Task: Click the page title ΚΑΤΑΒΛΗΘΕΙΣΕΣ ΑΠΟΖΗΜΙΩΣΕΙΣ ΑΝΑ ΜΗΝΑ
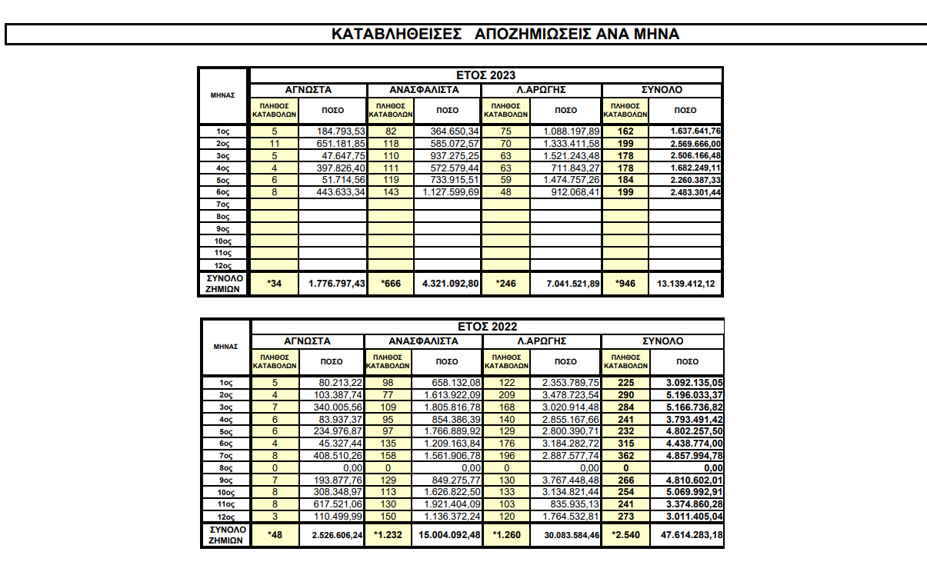pyautogui.click(x=505, y=35)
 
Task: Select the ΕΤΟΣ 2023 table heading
pyautogui.click(x=485, y=75)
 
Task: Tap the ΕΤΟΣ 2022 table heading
pyautogui.click(x=485, y=327)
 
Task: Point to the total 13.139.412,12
pyautogui.click(x=687, y=284)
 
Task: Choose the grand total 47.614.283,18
pyautogui.click(x=687, y=535)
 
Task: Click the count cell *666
pyautogui.click(x=392, y=284)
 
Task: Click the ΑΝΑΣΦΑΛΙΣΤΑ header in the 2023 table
pyautogui.click(x=423, y=90)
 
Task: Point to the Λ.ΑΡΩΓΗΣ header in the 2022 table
pyautogui.click(x=542, y=341)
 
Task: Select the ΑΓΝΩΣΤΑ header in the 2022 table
pyautogui.click(x=308, y=341)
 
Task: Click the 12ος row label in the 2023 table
pyautogui.click(x=223, y=264)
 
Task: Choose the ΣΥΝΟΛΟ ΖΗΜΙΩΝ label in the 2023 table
pyautogui.click(x=224, y=283)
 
